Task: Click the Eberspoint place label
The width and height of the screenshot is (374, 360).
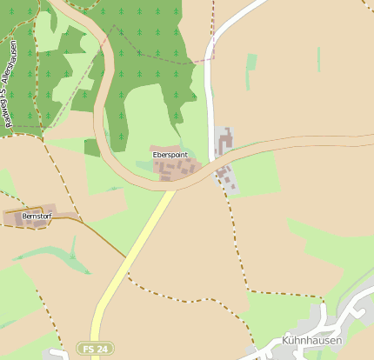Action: [170, 154]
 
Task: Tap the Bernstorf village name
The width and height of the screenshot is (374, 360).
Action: [27, 215]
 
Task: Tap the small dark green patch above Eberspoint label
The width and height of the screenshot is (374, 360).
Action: [92, 147]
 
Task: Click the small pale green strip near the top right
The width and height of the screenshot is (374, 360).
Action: [251, 62]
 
